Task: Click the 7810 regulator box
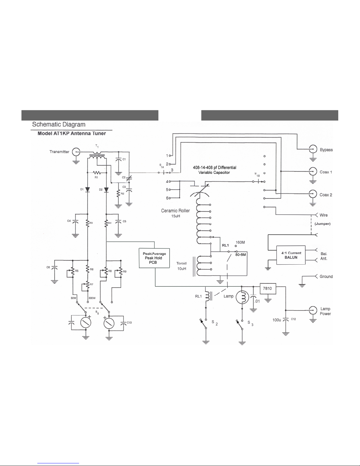(x=267, y=288)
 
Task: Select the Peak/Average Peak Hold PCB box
(x=154, y=258)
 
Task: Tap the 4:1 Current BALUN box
(x=291, y=255)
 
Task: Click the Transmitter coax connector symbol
(x=76, y=152)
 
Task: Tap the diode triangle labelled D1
(x=87, y=190)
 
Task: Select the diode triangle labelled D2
(x=106, y=190)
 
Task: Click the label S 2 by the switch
(x=215, y=323)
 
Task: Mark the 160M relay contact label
(x=240, y=243)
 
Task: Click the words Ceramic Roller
(x=175, y=211)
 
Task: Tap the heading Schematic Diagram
(x=59, y=124)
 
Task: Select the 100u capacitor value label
(x=277, y=320)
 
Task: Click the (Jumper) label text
(x=322, y=224)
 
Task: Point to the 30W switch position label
(x=73, y=298)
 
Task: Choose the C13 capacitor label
(x=129, y=323)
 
